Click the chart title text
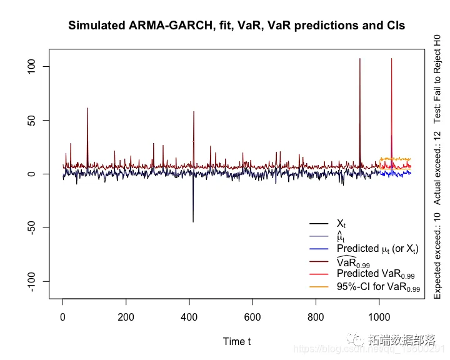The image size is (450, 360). (x=236, y=26)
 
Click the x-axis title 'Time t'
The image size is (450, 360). (x=237, y=341)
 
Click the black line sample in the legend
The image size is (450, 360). (x=319, y=224)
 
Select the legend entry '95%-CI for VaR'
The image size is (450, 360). (x=378, y=287)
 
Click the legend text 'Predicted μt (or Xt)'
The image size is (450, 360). (x=377, y=249)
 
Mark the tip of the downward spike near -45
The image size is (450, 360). (x=193, y=222)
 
